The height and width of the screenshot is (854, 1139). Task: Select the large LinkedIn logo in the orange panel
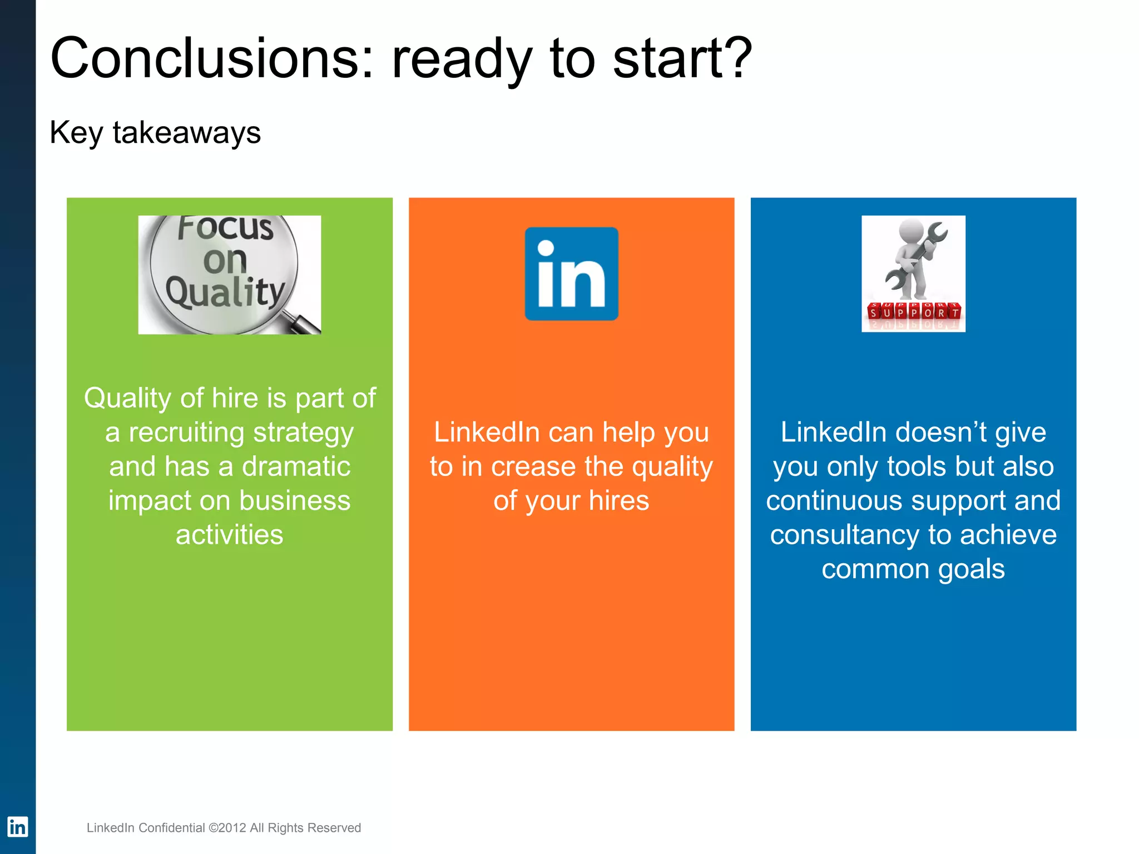point(571,274)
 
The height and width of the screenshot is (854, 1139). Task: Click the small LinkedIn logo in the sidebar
point(17,827)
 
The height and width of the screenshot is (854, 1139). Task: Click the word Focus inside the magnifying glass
point(225,228)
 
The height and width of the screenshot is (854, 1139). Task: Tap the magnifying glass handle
point(304,323)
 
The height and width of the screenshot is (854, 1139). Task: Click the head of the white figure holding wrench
point(911,230)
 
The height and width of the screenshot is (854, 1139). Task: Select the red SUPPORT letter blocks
point(913,311)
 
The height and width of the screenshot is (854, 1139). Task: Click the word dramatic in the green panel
point(296,466)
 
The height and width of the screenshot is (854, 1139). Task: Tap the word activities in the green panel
point(229,535)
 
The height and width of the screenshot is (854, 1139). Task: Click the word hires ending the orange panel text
point(618,501)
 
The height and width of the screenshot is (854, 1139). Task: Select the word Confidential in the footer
point(171,828)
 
